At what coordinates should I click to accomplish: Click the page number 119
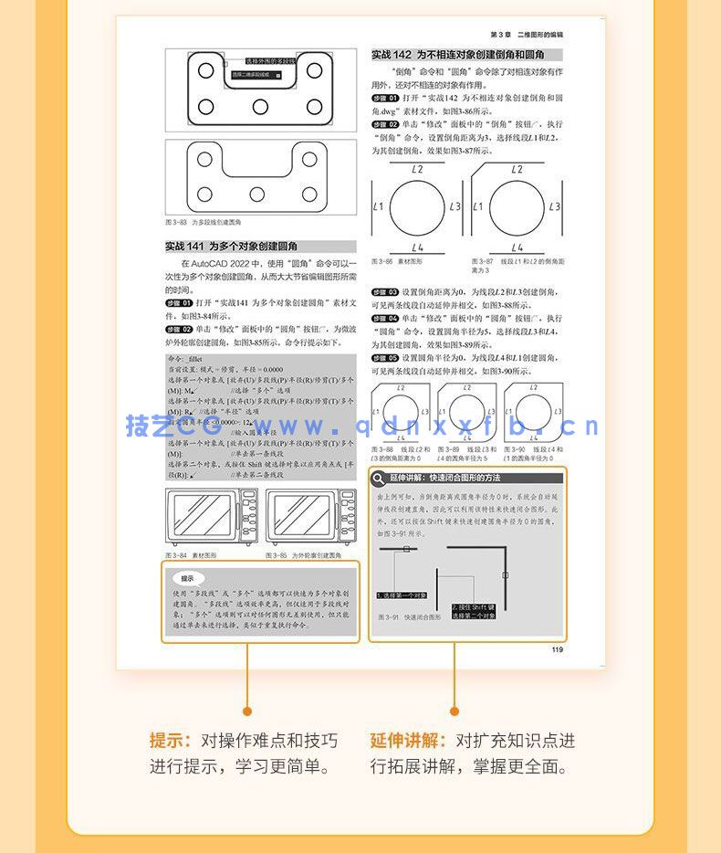click(557, 650)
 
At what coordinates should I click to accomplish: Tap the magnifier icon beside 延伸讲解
click(379, 478)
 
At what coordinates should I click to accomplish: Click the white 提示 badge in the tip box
click(187, 578)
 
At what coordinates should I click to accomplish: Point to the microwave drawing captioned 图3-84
click(212, 518)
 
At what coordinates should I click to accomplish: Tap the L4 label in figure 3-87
click(517, 247)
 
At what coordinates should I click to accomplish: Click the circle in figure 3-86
click(418, 208)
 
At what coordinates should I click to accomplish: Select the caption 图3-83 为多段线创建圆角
click(203, 222)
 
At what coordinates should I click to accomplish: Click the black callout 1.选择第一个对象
click(401, 595)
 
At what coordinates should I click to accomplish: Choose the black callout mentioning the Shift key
click(474, 610)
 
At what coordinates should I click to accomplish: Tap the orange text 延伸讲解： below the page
click(408, 741)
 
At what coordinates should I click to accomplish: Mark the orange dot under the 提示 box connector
click(246, 711)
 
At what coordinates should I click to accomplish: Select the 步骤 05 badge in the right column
click(385, 357)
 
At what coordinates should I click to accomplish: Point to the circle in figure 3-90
click(533, 412)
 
